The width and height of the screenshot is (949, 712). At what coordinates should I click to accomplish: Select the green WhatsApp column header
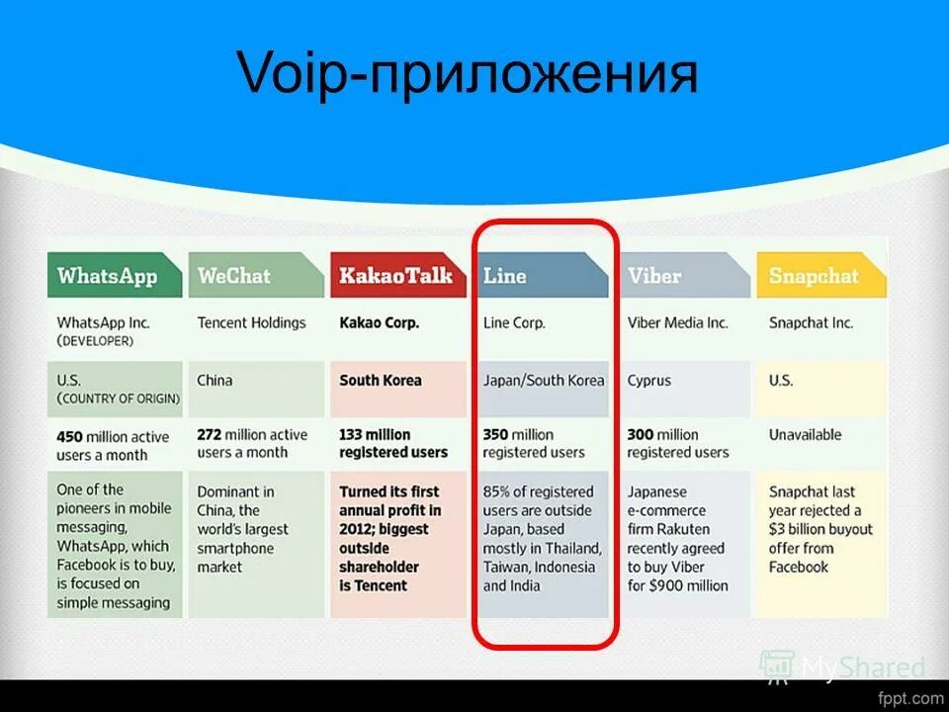(108, 276)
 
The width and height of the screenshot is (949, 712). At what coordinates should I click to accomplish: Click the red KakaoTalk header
(394, 276)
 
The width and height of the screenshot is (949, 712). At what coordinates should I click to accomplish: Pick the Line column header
(505, 276)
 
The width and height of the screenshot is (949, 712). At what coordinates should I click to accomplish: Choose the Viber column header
(654, 276)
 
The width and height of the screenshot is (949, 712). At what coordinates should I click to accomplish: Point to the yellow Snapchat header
(814, 277)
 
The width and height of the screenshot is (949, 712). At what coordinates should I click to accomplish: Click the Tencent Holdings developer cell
(251, 322)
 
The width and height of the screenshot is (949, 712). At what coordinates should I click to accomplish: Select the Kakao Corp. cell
(379, 322)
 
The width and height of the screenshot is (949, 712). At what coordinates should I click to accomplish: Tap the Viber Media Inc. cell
(677, 322)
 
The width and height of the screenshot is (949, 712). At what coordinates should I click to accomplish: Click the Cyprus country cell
(648, 380)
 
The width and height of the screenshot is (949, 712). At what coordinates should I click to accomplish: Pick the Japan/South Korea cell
(543, 380)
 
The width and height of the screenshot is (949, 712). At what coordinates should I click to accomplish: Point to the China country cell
(215, 380)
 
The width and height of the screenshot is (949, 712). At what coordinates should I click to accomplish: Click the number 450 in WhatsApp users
(70, 437)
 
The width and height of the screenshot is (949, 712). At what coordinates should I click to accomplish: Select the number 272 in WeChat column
(210, 434)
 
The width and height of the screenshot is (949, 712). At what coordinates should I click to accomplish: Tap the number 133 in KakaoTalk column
(352, 434)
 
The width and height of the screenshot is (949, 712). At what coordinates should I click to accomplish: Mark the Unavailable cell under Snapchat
(805, 434)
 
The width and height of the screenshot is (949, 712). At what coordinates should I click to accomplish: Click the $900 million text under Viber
(691, 585)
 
